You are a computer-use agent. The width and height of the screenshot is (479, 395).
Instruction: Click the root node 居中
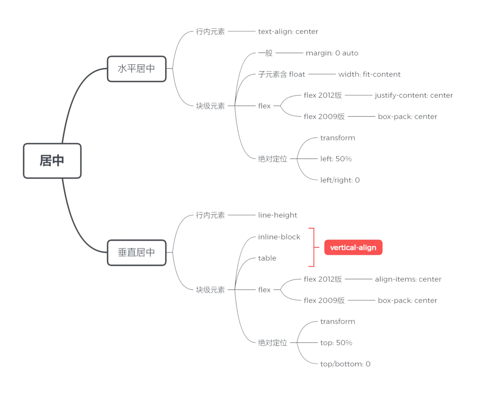tap(52, 160)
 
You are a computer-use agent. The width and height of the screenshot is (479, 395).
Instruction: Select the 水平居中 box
tap(137, 69)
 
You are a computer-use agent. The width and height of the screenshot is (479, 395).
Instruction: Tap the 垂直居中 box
tap(137, 252)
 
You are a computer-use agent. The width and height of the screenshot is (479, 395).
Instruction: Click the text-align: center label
tap(288, 32)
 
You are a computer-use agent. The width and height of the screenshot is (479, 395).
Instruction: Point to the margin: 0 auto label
tap(332, 53)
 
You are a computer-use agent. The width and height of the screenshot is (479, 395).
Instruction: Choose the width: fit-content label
tap(369, 74)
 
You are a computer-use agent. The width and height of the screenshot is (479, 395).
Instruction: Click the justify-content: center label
tap(414, 95)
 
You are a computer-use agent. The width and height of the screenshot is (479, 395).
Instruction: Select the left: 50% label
tap(336, 159)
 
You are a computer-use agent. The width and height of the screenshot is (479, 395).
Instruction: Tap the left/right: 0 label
tap(340, 180)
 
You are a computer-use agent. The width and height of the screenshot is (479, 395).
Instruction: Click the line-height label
tap(278, 215)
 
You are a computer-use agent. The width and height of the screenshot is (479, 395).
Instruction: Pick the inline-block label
tap(279, 237)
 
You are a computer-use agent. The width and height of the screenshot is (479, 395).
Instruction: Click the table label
tap(267, 258)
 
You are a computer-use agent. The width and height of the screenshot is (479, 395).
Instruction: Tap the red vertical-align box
tap(353, 248)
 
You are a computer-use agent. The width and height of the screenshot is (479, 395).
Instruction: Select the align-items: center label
tap(408, 279)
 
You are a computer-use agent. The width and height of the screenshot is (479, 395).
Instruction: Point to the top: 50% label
tap(336, 343)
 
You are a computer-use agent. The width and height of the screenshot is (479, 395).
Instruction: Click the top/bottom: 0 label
tap(345, 364)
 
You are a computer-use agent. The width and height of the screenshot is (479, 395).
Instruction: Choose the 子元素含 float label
tap(282, 74)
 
